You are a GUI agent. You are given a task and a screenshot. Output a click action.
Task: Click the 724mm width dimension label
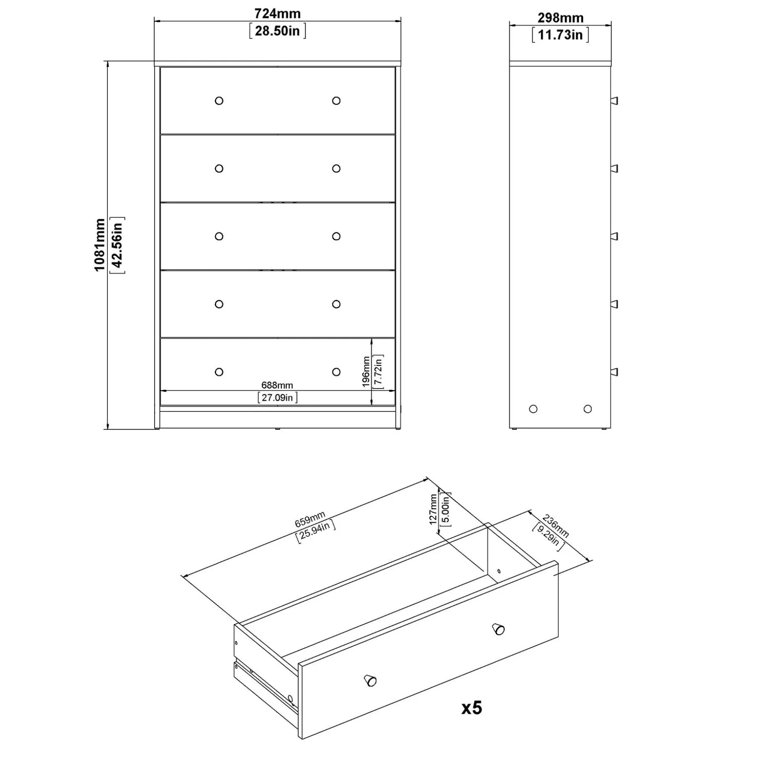pos(277,14)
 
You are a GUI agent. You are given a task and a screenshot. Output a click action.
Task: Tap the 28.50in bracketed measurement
pos(277,31)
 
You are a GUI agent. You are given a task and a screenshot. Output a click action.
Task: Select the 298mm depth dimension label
pos(560,18)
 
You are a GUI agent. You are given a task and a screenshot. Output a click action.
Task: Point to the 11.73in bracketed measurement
pos(560,35)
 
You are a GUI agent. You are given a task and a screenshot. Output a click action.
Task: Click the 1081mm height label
pos(99,245)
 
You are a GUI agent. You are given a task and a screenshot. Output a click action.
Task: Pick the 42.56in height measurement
pos(117,245)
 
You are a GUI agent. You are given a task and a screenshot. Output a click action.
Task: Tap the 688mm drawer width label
pos(277,385)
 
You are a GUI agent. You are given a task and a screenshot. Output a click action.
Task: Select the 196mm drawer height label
pos(366,371)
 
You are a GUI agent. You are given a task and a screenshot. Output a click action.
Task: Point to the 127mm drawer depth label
pos(433,509)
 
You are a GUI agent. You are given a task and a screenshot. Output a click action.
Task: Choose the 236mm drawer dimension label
pos(556,526)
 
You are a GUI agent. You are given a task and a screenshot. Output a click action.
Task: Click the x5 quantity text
pos(472,708)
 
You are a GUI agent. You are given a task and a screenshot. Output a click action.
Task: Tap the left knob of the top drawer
pos(219,101)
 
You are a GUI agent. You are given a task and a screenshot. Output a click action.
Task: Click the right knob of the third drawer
pos(336,236)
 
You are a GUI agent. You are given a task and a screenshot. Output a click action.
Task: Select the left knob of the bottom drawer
pos(219,372)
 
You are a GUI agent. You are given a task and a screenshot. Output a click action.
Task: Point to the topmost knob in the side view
pos(614,101)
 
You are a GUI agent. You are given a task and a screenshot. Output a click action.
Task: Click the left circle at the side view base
pos(533,409)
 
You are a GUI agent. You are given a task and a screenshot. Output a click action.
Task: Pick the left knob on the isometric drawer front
pos(371,681)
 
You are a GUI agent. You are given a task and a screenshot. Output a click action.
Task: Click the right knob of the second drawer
pos(336,168)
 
